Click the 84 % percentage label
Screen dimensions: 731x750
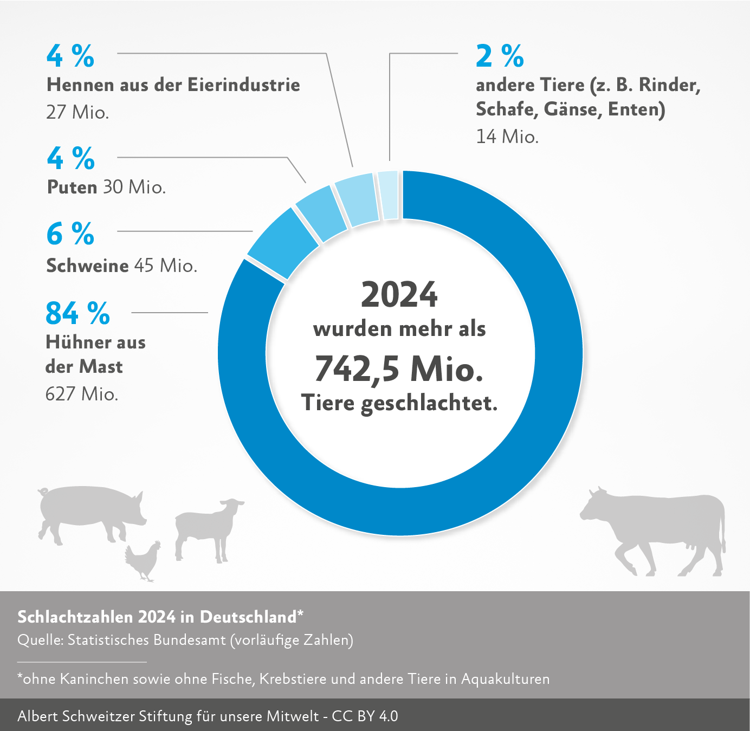coord(77,313)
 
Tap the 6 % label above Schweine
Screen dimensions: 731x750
coord(70,234)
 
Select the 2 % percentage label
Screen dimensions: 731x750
coord(500,56)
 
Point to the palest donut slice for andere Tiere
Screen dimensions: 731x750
coord(389,196)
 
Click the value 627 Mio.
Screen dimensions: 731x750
coord(82,394)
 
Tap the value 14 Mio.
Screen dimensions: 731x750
coord(507,137)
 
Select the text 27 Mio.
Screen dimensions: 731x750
coord(77,112)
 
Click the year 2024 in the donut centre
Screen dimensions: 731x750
coord(399,295)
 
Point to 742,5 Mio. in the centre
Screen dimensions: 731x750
coord(399,368)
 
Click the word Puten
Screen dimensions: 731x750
coord(72,187)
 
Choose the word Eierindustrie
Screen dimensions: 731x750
coord(244,85)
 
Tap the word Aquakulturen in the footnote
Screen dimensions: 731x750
coord(505,679)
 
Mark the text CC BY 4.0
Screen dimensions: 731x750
coord(365,716)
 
